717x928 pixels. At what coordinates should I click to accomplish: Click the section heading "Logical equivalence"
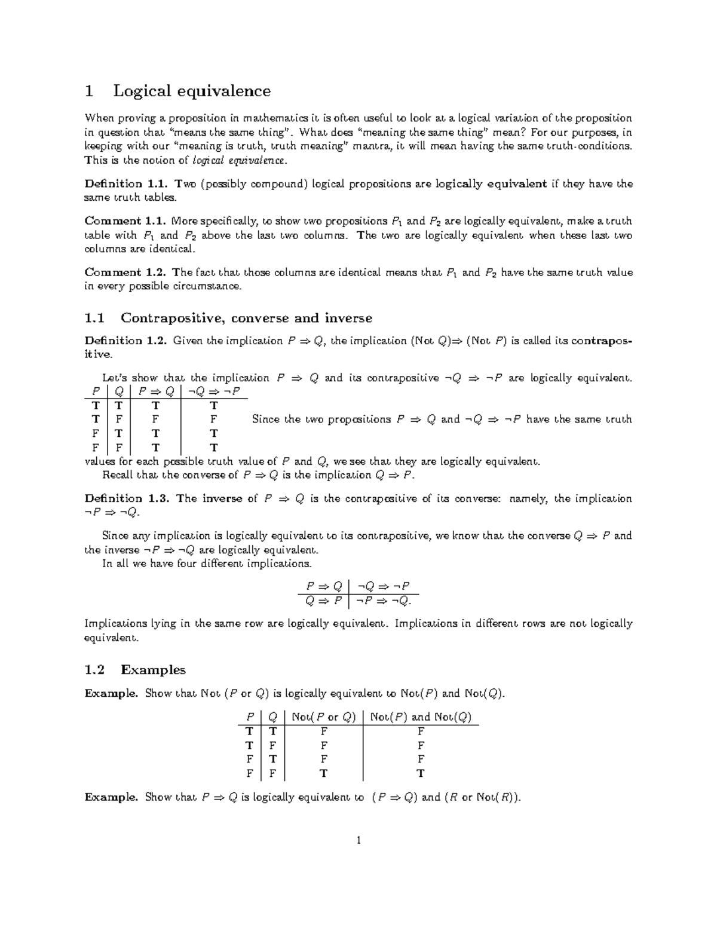192,91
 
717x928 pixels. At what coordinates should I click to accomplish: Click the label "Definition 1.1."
122,184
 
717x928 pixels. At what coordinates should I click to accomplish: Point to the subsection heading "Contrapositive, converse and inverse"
246,318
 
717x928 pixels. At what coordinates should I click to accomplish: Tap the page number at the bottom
358,841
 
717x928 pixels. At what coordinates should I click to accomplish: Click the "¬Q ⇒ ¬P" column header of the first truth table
214,392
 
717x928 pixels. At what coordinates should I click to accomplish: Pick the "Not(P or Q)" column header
323,717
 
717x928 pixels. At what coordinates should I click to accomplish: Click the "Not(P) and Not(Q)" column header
421,717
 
